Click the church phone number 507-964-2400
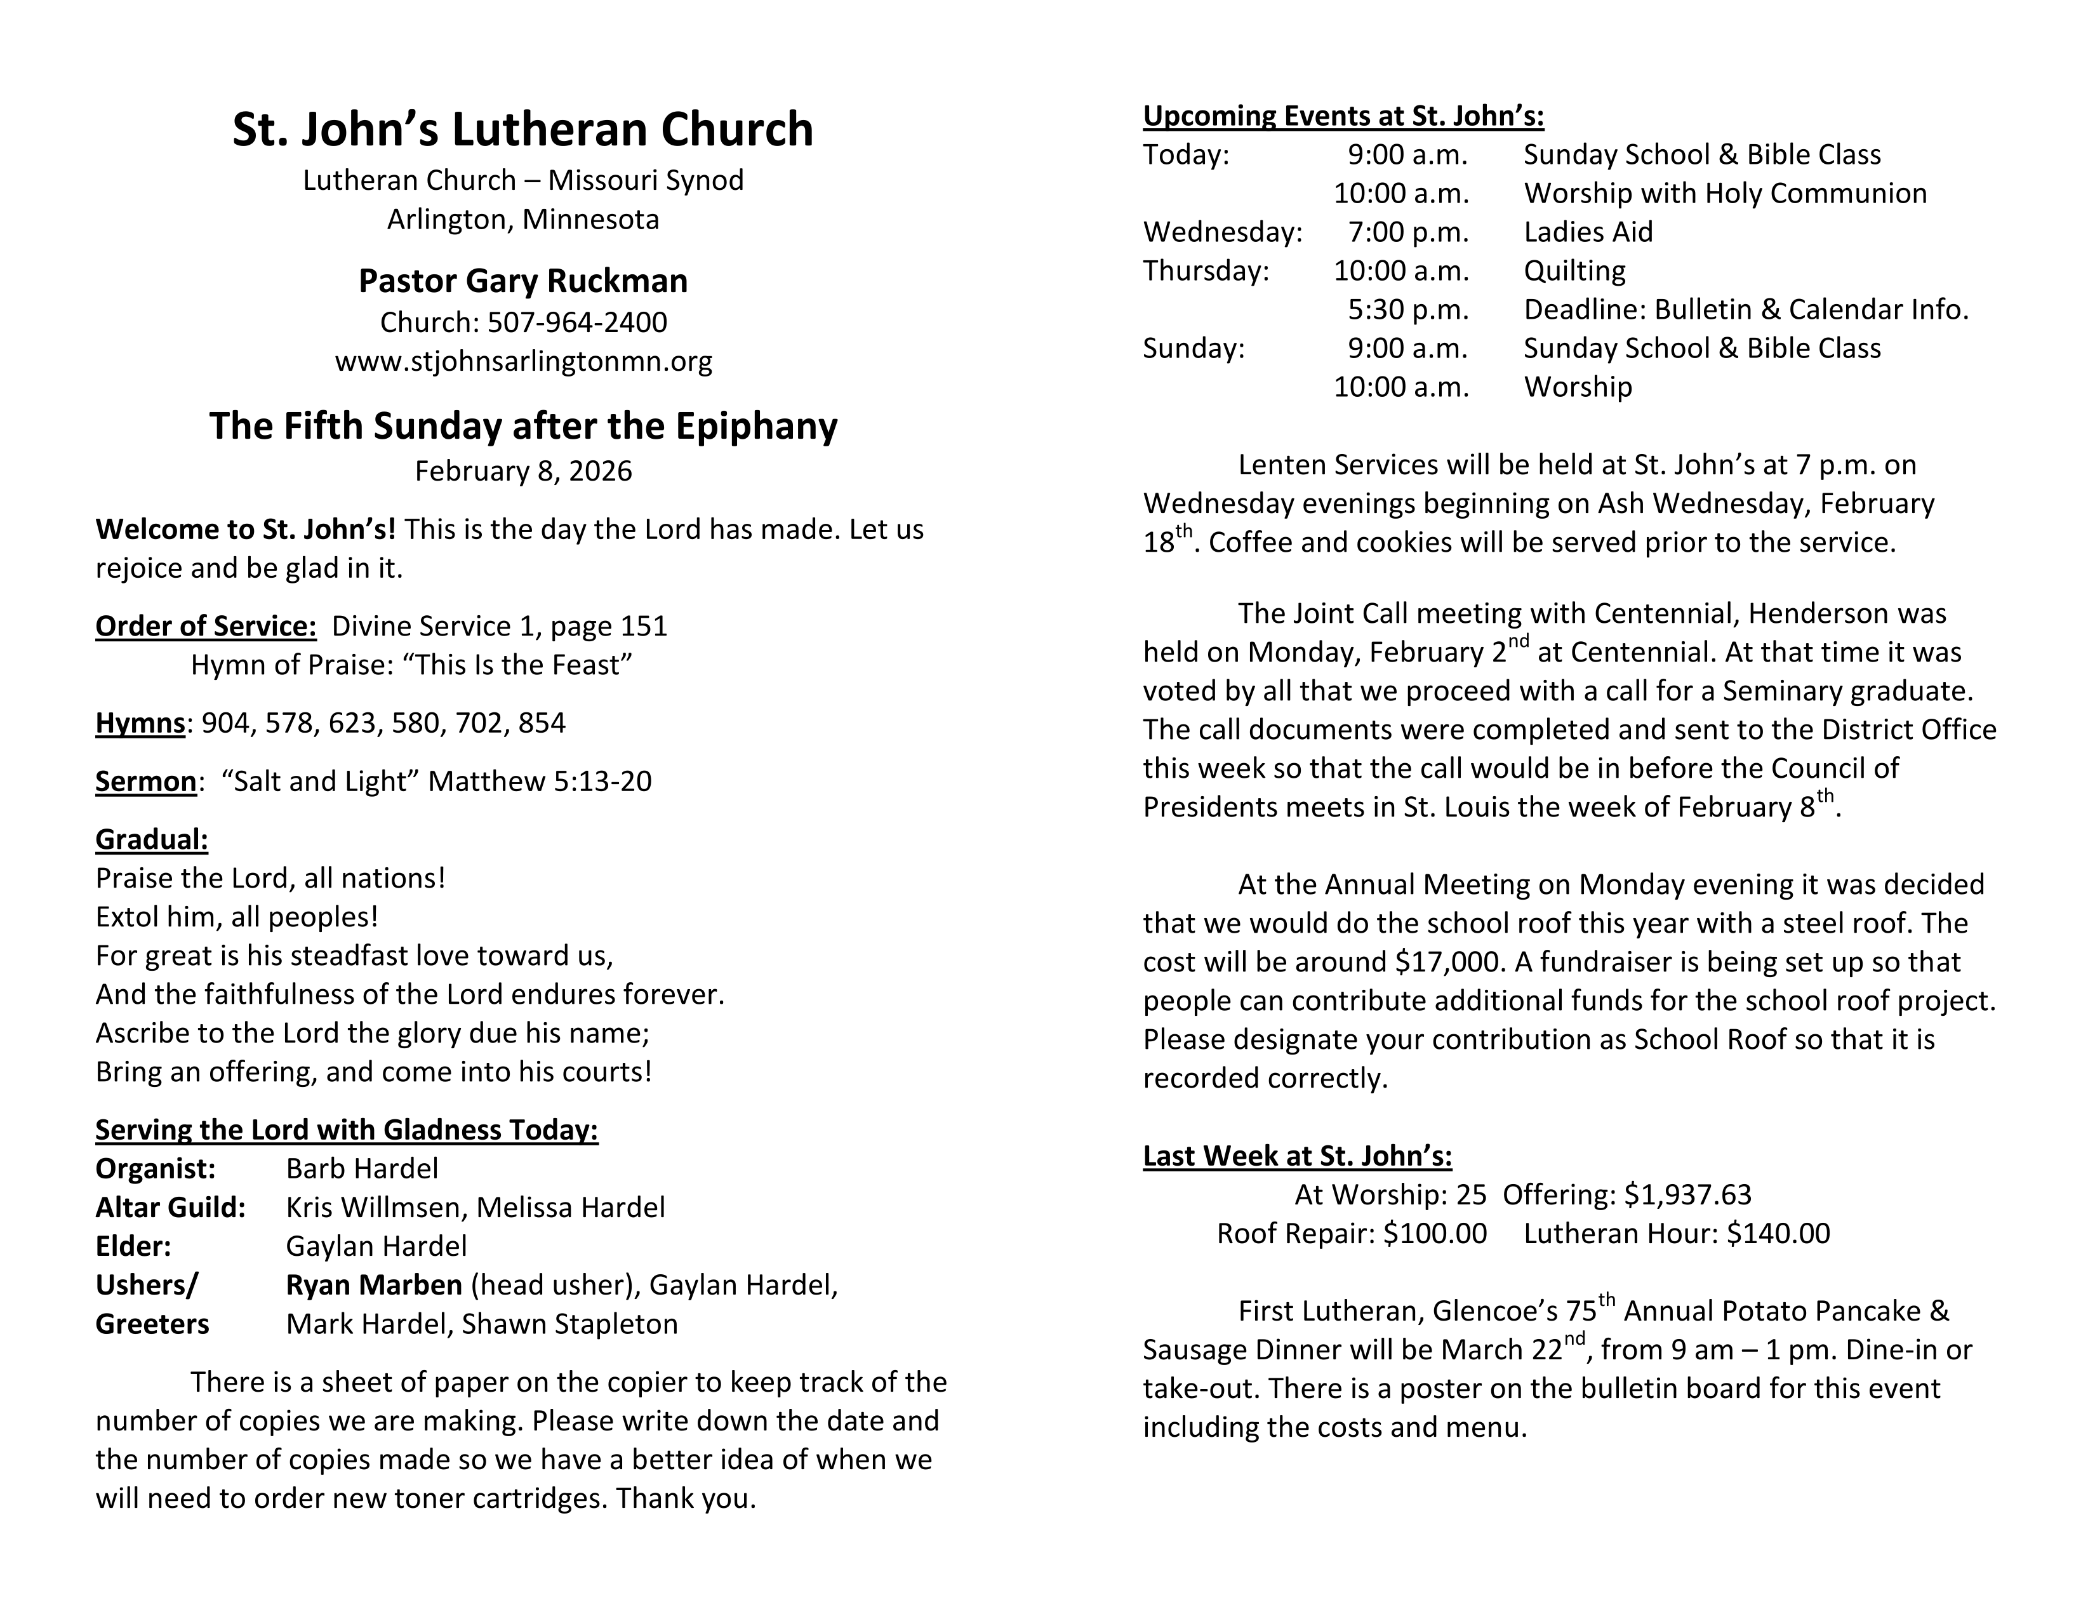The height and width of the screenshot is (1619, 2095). click(576, 323)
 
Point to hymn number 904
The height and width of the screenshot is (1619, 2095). click(225, 723)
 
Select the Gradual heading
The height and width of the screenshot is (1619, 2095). click(152, 839)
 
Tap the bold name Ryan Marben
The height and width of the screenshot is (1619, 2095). click(374, 1285)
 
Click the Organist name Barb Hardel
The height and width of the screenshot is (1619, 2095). click(362, 1168)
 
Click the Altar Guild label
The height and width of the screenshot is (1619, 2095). click(170, 1208)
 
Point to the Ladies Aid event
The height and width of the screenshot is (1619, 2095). click(1588, 232)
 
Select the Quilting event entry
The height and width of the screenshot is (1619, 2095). click(1574, 270)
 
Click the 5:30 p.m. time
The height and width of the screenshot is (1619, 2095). click(1407, 310)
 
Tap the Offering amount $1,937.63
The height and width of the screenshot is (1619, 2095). click(1687, 1195)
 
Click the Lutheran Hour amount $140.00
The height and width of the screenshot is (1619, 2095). click(1778, 1234)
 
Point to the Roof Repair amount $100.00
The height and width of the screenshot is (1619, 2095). click(1434, 1234)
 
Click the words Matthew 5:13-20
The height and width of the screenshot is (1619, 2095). click(539, 782)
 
